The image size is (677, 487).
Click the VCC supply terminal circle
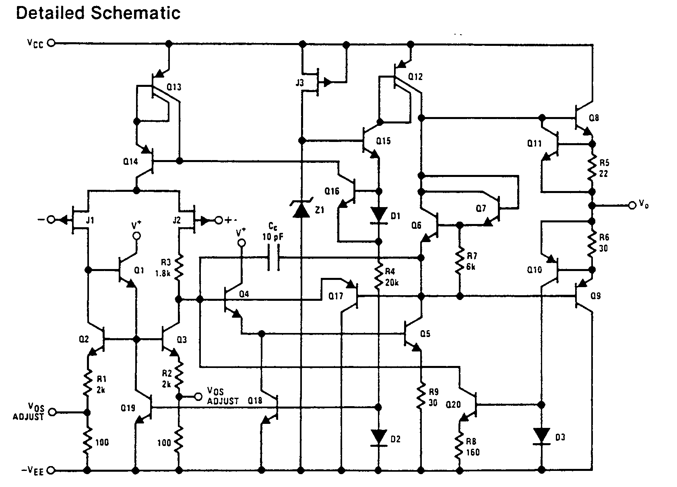[x=52, y=43]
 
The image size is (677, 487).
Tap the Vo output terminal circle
[x=632, y=205]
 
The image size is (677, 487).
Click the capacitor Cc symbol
[x=274, y=257]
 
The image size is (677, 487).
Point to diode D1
[x=379, y=216]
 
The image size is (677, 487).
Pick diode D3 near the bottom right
[x=541, y=437]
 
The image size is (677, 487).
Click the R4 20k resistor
[x=378, y=276]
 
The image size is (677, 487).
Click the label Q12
[x=415, y=77]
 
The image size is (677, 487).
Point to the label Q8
[x=594, y=118]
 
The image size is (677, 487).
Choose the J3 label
[x=299, y=83]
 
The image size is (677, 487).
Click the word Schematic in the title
[x=135, y=13]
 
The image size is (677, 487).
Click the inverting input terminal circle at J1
[x=51, y=220]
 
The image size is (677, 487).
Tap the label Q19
[x=128, y=408]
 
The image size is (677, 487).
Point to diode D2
[x=379, y=438]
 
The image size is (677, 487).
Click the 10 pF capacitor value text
[x=272, y=237]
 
